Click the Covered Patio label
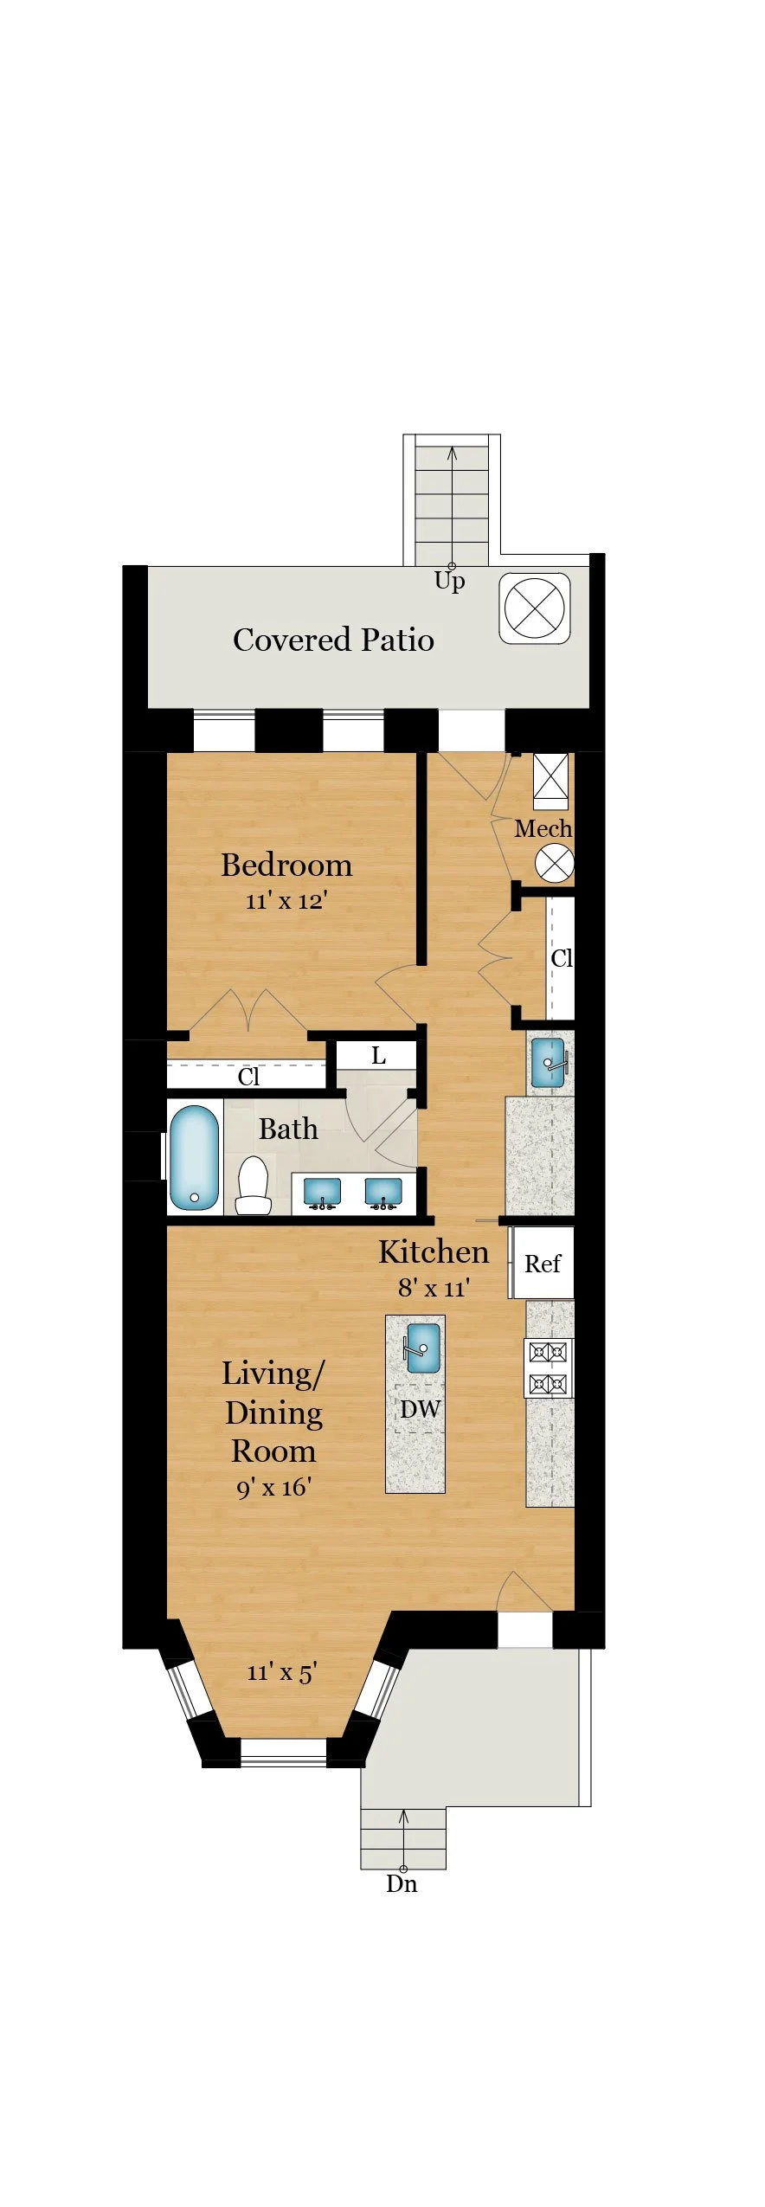[333, 640]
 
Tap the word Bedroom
[286, 865]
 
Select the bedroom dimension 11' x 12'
[286, 901]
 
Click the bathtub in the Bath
[194, 1157]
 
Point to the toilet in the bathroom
[254, 1185]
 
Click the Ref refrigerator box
[542, 1263]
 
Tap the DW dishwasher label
[420, 1409]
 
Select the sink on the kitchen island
[423, 1348]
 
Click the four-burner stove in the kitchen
[549, 1368]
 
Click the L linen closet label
[378, 1056]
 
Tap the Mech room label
[543, 828]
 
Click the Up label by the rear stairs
[449, 581]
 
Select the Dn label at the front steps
[402, 1884]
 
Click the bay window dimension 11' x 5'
[282, 1672]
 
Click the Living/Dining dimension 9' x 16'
[273, 1488]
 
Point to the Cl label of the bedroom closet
[248, 1077]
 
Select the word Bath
[288, 1129]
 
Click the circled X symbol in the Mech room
[555, 864]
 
